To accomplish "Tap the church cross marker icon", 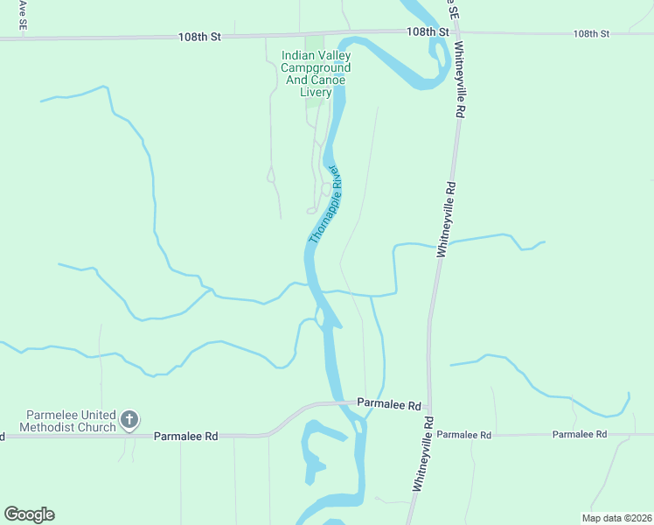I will point(129,420).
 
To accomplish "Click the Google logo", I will point(29,514).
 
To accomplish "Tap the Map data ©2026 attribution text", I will point(616,518).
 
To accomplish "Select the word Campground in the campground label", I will point(316,68).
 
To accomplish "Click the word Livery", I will point(316,93).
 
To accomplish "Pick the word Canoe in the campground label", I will point(328,80).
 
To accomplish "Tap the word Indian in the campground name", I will point(296,56).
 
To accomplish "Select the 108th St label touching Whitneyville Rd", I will point(427,31).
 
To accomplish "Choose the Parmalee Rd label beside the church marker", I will point(185,436).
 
